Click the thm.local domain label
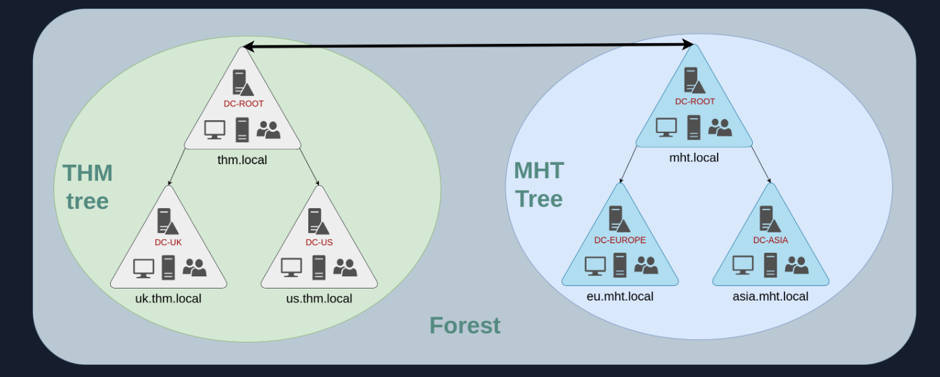click(x=242, y=160)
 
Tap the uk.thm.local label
click(x=168, y=298)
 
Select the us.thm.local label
click(x=319, y=298)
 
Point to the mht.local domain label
click(x=693, y=157)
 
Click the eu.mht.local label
click(x=620, y=296)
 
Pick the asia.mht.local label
click(x=770, y=296)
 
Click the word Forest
click(x=465, y=326)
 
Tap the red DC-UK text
click(x=168, y=243)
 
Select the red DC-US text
click(x=319, y=243)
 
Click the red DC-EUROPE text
click(x=620, y=240)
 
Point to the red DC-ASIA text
click(x=770, y=240)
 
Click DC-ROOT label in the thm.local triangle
click(x=243, y=104)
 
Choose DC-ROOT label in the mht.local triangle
click(x=695, y=101)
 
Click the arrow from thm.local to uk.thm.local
click(x=177, y=167)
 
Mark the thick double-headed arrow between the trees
click(x=468, y=46)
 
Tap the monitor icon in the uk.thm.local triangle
click(x=143, y=268)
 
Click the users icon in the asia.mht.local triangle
click(x=796, y=264)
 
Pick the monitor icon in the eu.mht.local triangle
click(x=595, y=266)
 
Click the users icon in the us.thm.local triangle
click(x=345, y=267)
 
